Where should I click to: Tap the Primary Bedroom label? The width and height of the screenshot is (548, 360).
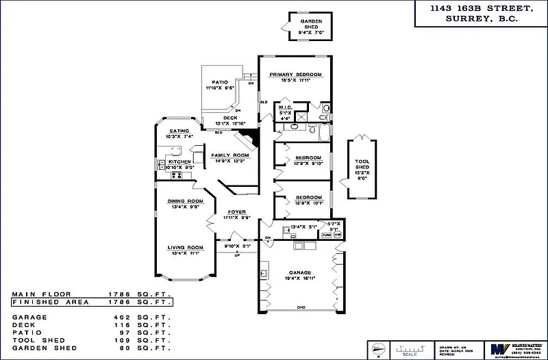point(295,74)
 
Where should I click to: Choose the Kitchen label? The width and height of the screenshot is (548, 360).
point(179,162)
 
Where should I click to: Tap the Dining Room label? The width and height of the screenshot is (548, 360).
point(185,201)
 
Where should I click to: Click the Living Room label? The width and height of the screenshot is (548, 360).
point(186,247)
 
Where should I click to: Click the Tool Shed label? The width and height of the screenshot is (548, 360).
point(362,164)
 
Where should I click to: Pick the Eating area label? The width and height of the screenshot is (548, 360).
point(179,131)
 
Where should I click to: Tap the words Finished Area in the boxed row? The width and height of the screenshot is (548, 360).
point(41,301)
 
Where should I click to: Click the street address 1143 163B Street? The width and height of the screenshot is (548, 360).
point(471,9)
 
